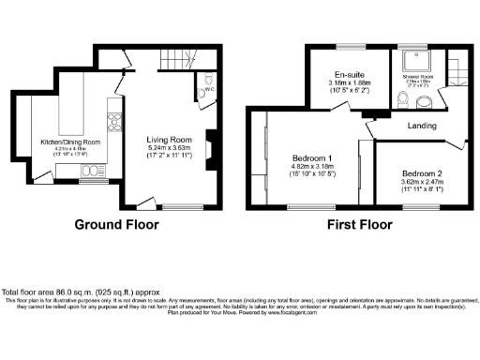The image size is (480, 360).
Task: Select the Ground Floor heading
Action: point(116,225)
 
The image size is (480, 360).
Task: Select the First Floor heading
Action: point(358,225)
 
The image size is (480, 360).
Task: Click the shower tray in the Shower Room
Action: point(413,62)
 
